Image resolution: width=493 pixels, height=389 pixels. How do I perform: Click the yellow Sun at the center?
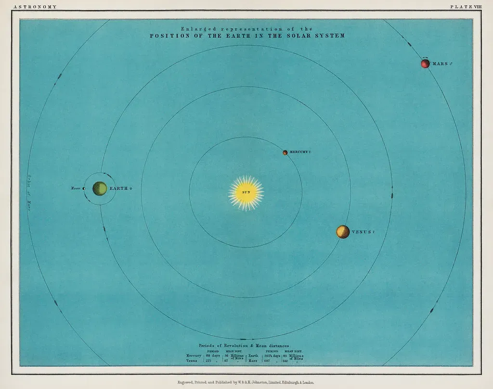(x=246, y=192)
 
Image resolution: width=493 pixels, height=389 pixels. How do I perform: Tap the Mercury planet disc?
(x=285, y=152)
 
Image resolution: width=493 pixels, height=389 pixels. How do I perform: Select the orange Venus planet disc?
(x=343, y=232)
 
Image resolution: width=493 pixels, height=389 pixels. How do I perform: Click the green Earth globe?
(x=100, y=188)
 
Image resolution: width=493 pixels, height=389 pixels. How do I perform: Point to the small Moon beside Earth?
(x=84, y=188)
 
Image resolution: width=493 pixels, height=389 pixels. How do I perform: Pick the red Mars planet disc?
(x=425, y=63)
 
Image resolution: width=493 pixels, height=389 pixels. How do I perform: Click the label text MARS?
(x=440, y=63)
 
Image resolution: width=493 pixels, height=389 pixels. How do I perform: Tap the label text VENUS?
(x=362, y=232)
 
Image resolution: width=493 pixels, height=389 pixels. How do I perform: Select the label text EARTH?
(x=119, y=188)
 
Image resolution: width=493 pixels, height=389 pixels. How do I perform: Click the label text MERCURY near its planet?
(x=298, y=152)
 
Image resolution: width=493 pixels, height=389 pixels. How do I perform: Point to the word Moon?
(x=76, y=188)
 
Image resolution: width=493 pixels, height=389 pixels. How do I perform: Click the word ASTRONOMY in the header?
(x=36, y=7)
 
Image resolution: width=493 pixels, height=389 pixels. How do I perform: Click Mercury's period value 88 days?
(x=212, y=355)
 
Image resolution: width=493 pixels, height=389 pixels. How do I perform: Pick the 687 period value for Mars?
(x=268, y=360)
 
